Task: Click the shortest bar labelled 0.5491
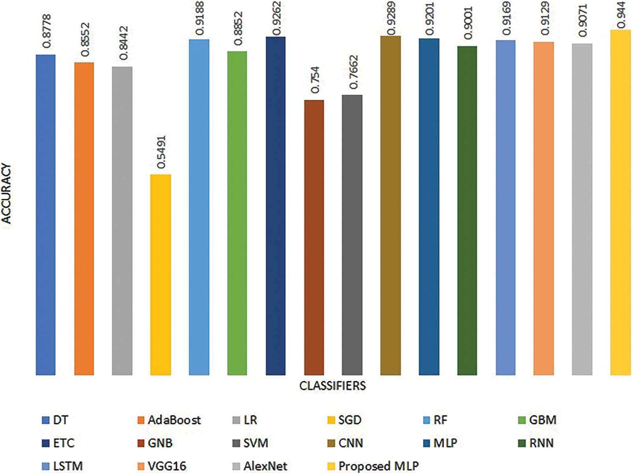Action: pyautogui.click(x=161, y=274)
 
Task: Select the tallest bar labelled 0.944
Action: pyautogui.click(x=620, y=202)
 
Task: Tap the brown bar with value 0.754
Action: pyautogui.click(x=314, y=237)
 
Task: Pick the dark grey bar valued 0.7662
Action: pyautogui.click(x=352, y=235)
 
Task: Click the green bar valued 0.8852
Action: pyautogui.click(x=237, y=213)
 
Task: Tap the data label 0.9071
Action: pyautogui.click(x=583, y=21)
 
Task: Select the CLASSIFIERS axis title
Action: pyautogui.click(x=332, y=386)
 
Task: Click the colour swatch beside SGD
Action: pyautogui.click(x=331, y=420)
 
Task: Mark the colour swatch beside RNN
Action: pyautogui.click(x=522, y=444)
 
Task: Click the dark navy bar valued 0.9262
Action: pyautogui.click(x=275, y=205)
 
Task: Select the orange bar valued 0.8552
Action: pyautogui.click(x=84, y=218)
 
